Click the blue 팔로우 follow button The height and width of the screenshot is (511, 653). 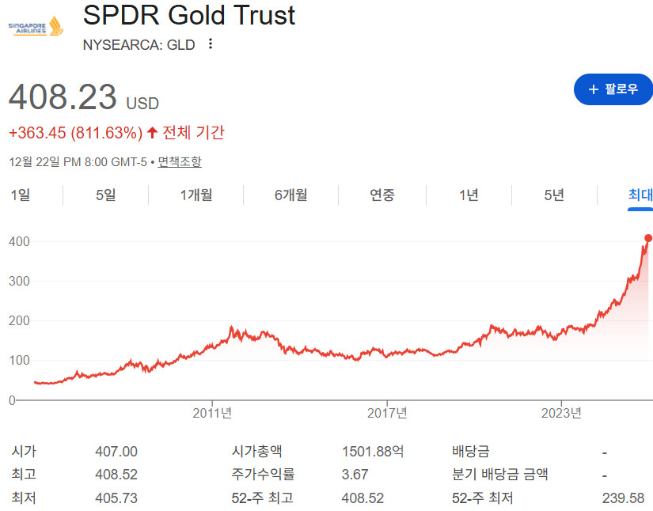(x=613, y=89)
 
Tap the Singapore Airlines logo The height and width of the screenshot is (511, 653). (x=36, y=28)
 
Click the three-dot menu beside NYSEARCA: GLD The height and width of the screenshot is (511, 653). (x=211, y=44)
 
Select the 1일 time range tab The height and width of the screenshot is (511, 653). (x=20, y=195)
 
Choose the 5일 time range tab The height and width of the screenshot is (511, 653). (x=105, y=195)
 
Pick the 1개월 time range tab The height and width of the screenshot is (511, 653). (x=196, y=195)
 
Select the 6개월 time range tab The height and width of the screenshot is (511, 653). (x=290, y=195)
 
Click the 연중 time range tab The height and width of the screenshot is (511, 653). (x=382, y=195)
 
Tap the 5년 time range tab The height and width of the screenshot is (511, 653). (x=554, y=195)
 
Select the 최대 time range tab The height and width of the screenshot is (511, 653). (x=640, y=195)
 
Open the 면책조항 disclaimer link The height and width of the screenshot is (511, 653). (x=180, y=162)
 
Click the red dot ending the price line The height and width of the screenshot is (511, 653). (x=648, y=238)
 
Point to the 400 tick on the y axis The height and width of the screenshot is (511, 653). (x=19, y=241)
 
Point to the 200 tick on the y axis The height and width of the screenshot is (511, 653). (x=19, y=321)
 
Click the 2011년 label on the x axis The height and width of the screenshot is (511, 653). (x=212, y=413)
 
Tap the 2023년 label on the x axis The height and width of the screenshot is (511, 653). (x=561, y=413)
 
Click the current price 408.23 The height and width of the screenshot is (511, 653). (x=63, y=97)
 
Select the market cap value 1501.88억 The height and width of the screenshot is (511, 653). (x=373, y=452)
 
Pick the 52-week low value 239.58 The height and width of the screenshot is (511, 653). (x=623, y=498)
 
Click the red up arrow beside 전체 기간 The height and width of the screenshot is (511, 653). (x=153, y=133)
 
